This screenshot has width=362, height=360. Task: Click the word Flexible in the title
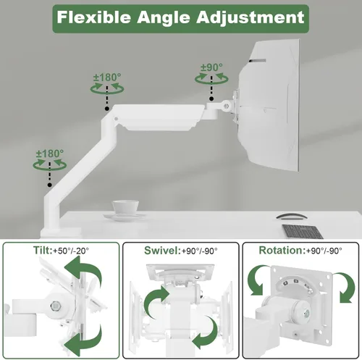coord(94,17)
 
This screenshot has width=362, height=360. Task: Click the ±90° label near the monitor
coord(211,67)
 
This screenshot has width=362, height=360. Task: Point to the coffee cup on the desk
coord(125,208)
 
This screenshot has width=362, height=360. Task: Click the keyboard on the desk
coord(303,232)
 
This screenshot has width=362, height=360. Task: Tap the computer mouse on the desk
coord(292,216)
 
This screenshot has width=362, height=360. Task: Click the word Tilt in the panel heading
coord(42,251)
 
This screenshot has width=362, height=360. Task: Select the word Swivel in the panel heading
coord(161,251)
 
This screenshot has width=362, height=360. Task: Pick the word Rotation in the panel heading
coord(282,251)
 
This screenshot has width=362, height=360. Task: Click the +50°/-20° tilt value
coord(71,251)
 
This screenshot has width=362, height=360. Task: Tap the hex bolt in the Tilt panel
coord(56,306)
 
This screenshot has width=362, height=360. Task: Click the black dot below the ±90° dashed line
coord(211,99)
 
